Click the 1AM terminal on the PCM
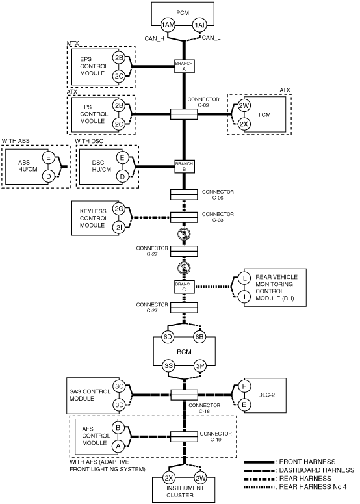(x=168, y=25)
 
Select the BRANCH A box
(x=185, y=66)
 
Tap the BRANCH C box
(x=184, y=287)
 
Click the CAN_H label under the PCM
(x=154, y=38)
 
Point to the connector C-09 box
(x=184, y=114)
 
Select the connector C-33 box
(x=184, y=217)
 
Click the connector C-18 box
(x=184, y=395)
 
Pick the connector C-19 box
(x=184, y=437)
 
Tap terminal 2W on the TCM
(x=244, y=105)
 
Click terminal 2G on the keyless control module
(x=119, y=209)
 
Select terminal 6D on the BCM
(x=168, y=337)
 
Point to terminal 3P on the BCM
(x=199, y=365)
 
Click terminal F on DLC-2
(x=244, y=386)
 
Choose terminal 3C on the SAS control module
(x=119, y=386)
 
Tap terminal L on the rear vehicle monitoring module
(x=245, y=278)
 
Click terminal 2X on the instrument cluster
(x=169, y=478)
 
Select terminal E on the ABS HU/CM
(x=49, y=157)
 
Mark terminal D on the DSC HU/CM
(x=122, y=176)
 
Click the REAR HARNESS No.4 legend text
(x=313, y=487)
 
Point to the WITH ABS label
(x=16, y=141)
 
